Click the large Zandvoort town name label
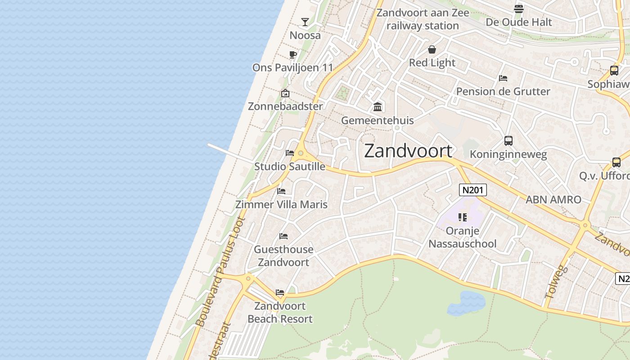pos(408,151)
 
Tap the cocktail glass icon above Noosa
pos(305,22)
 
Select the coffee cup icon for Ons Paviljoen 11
pos(293,55)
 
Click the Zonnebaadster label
pos(285,107)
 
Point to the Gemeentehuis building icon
pos(378,107)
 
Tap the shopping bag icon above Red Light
pos(432,49)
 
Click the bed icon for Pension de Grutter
pos(503,78)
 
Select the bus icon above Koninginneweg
pos(508,141)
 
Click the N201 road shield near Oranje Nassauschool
pos(472,190)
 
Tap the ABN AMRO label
pos(553,199)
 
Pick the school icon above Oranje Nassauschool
pos(462,218)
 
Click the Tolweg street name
pos(556,283)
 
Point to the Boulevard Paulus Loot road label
pos(221,271)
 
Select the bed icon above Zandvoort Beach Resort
pos(280,292)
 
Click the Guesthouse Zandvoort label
pos(283,256)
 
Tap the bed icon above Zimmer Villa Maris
pos(281,191)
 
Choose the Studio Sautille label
pos(290,166)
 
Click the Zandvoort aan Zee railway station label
pos(423,19)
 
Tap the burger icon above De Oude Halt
pos(518,9)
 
